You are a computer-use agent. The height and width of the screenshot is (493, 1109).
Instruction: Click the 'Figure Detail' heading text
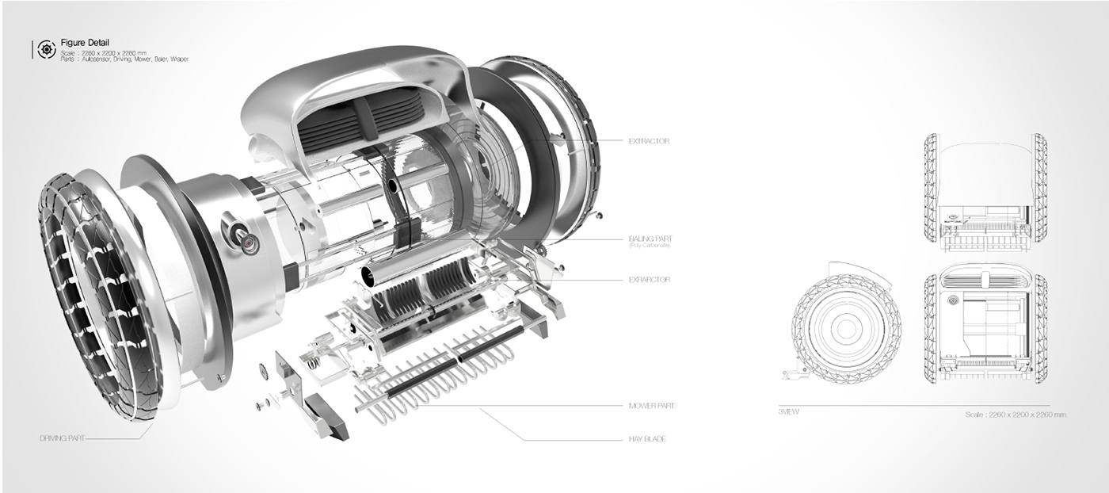pyautogui.click(x=85, y=42)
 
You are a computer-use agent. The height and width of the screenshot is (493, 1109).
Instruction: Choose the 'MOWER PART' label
pyautogui.click(x=651, y=406)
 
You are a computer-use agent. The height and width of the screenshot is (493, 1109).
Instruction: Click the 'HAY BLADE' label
pyautogui.click(x=646, y=438)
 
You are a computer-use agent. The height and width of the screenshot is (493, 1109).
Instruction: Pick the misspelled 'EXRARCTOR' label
pyautogui.click(x=649, y=280)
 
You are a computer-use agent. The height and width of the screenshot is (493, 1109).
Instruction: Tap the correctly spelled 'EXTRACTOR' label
pyautogui.click(x=649, y=140)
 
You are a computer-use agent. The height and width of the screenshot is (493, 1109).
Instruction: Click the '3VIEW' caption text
pyautogui.click(x=789, y=412)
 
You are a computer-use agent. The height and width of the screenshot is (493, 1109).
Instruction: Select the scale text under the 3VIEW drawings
pyautogui.click(x=1016, y=415)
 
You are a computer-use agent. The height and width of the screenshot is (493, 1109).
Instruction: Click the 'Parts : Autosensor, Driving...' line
pyautogui.click(x=124, y=59)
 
